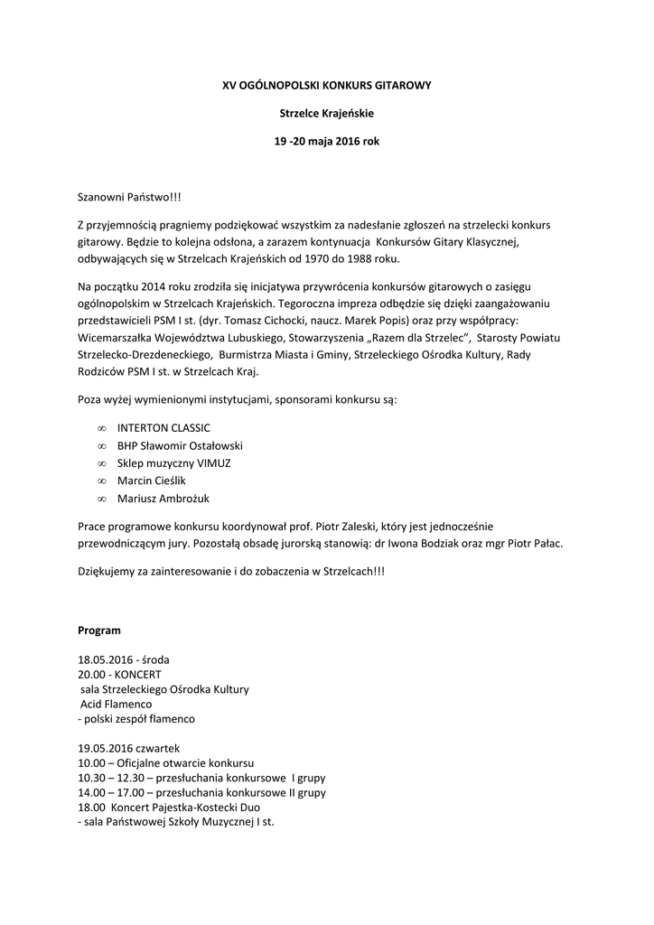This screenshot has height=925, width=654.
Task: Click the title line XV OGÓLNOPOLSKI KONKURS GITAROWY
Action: pos(327,85)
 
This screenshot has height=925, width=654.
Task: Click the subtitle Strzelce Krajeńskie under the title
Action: pos(327,113)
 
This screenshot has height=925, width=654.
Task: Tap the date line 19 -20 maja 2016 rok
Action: pos(327,142)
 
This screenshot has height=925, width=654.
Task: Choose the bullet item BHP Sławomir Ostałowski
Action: pos(180,445)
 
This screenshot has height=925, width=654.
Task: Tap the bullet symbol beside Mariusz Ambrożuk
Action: pos(101,499)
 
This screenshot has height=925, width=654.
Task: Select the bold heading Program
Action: pos(98,630)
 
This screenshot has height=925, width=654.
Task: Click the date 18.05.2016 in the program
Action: pos(106,659)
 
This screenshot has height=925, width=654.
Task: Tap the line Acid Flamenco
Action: pos(116,704)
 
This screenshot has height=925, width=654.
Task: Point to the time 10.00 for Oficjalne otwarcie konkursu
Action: pos(91,763)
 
